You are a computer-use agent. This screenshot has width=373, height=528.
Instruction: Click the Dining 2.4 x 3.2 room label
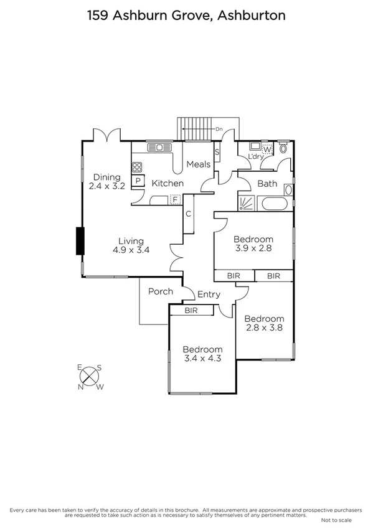coord(106,181)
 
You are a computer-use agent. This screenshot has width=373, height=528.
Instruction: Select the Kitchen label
coord(168,183)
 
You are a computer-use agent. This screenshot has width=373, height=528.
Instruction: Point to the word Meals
coord(199,164)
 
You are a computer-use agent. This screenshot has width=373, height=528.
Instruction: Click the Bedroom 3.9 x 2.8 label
coord(253,243)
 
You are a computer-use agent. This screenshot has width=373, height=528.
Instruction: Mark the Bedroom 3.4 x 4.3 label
coord(202,354)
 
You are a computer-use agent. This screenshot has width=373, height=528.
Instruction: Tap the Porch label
coord(160,291)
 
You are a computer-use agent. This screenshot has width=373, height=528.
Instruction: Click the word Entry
coord(209,295)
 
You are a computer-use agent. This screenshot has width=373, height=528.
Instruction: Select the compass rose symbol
coord(90,377)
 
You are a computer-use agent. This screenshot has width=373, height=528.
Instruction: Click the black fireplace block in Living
coord(80,241)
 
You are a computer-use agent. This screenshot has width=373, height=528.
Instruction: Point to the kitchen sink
coord(159,148)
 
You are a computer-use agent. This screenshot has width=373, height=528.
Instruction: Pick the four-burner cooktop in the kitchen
coord(137,167)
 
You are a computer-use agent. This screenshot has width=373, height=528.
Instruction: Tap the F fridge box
coord(176,199)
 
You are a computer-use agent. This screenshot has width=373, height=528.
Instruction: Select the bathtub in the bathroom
coord(275,204)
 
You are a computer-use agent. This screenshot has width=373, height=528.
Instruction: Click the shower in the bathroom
coord(246,203)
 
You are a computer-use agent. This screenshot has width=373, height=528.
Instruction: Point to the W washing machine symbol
coord(267,149)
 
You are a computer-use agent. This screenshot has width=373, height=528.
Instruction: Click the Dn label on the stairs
coord(219,129)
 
